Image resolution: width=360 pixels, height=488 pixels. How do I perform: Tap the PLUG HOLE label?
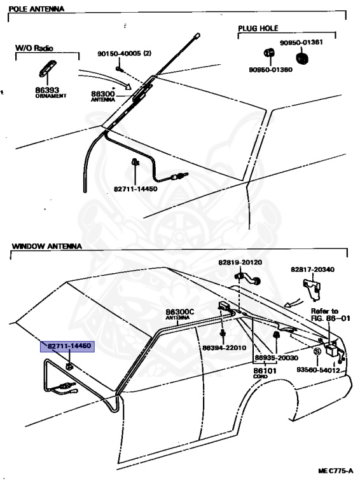(258, 29)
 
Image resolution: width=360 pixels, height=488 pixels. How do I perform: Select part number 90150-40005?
(124, 53)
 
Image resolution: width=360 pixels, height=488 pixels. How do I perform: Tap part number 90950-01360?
(270, 69)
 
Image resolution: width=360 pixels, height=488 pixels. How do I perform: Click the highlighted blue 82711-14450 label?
(69, 346)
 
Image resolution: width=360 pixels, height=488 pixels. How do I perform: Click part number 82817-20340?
(313, 269)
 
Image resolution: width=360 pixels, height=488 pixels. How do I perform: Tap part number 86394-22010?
(224, 348)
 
